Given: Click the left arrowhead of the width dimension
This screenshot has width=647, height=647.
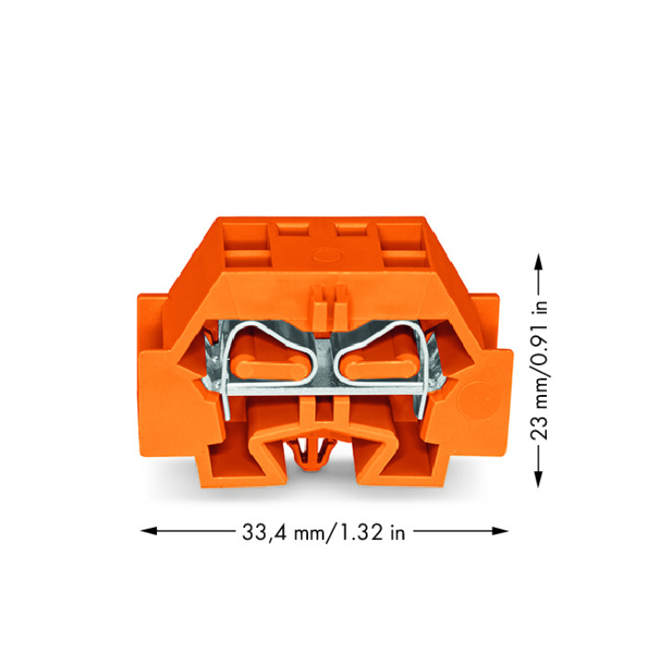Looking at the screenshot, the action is (148, 531).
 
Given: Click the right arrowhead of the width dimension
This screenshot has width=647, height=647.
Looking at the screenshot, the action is (500, 531).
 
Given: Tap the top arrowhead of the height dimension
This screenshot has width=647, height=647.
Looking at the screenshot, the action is (538, 261).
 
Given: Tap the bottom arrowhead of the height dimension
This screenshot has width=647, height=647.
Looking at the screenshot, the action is (538, 479).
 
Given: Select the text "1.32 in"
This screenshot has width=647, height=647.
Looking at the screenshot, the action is (371, 532).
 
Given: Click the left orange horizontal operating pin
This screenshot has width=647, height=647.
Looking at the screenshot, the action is (269, 369).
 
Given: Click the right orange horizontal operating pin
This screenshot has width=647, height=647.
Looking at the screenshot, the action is (379, 368).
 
